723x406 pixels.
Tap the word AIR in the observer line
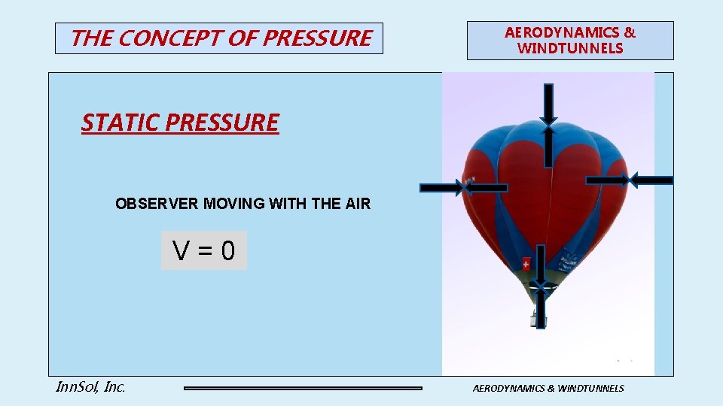[357, 204]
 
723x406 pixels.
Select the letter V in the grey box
[182, 251]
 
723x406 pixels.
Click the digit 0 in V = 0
[228, 251]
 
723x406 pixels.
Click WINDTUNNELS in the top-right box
[570, 49]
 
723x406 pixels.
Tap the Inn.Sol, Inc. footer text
[90, 387]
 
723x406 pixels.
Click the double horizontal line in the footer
[303, 388]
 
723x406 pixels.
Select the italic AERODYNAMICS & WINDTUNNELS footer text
[548, 388]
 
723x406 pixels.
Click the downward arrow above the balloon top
[548, 104]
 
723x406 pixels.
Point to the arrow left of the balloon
[441, 187]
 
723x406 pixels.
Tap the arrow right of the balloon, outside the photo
[651, 180]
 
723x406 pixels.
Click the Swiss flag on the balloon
[526, 264]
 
